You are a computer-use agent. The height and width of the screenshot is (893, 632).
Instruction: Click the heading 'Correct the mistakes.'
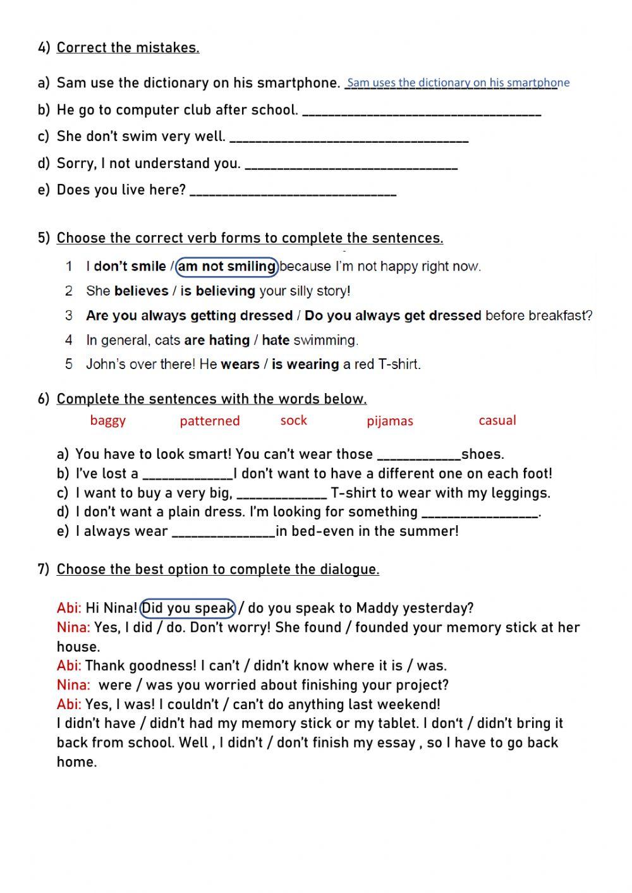(128, 48)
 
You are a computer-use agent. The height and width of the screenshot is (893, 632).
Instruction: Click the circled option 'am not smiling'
(227, 267)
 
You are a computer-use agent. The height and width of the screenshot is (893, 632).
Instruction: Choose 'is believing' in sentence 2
(217, 291)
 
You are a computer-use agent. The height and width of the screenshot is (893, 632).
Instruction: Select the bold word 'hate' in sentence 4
(276, 340)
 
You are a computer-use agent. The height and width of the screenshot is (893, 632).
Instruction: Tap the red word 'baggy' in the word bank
(108, 421)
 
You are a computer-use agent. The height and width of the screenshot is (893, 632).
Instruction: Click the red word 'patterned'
(210, 421)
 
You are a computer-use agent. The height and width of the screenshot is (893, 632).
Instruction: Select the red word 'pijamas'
(390, 421)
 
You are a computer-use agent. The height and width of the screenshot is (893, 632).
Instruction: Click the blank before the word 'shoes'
(418, 456)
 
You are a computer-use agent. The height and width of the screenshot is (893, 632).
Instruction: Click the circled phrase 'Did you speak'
(188, 608)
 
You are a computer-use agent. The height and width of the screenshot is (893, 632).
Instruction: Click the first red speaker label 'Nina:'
(73, 628)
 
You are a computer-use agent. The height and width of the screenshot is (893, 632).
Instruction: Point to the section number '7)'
(44, 569)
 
